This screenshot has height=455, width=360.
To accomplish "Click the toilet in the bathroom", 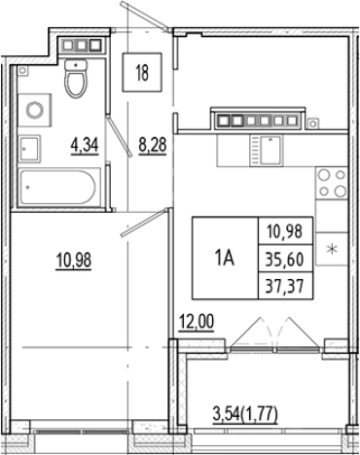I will click(75, 82).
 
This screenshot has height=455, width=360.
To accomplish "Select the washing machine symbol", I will click(36, 108).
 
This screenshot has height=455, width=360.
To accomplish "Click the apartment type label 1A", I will click(223, 257).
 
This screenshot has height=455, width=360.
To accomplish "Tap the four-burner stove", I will click(332, 182).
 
